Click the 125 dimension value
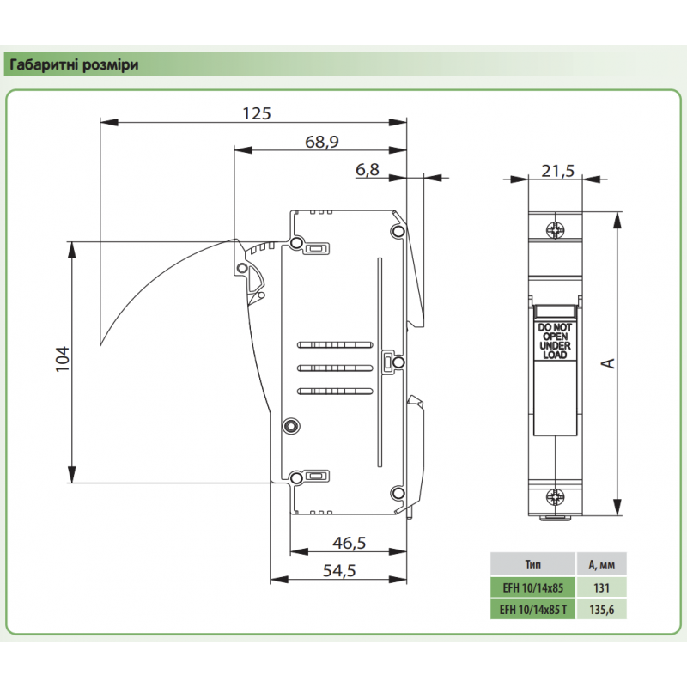[256, 113]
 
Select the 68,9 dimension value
[322, 142]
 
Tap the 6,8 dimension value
[367, 170]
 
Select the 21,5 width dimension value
[557, 171]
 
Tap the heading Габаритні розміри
[73, 64]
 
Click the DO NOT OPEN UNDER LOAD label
[556, 341]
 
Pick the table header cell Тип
[532, 565]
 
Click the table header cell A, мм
[601, 565]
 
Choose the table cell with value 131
[601, 587]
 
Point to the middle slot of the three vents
[335, 368]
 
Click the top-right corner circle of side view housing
[398, 231]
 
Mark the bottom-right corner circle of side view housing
[398, 492]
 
